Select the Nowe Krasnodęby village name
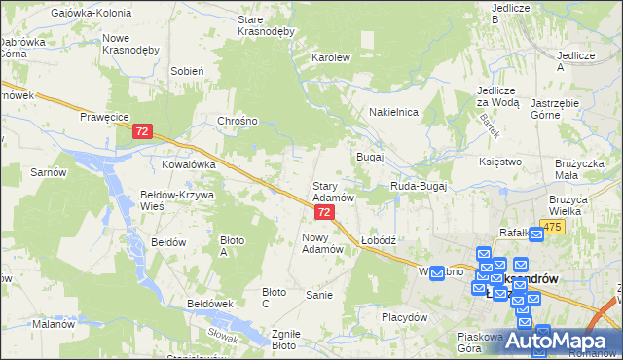pos(129,44)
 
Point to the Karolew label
pos(330,57)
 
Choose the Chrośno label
pos(238,122)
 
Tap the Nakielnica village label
pos(393,113)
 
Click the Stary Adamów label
pos(332,191)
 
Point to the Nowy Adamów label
pos(323,242)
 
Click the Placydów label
pos(404,317)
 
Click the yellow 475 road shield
pos(552,227)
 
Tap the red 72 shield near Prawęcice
pos(142,130)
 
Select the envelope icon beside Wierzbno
pos(437,272)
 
